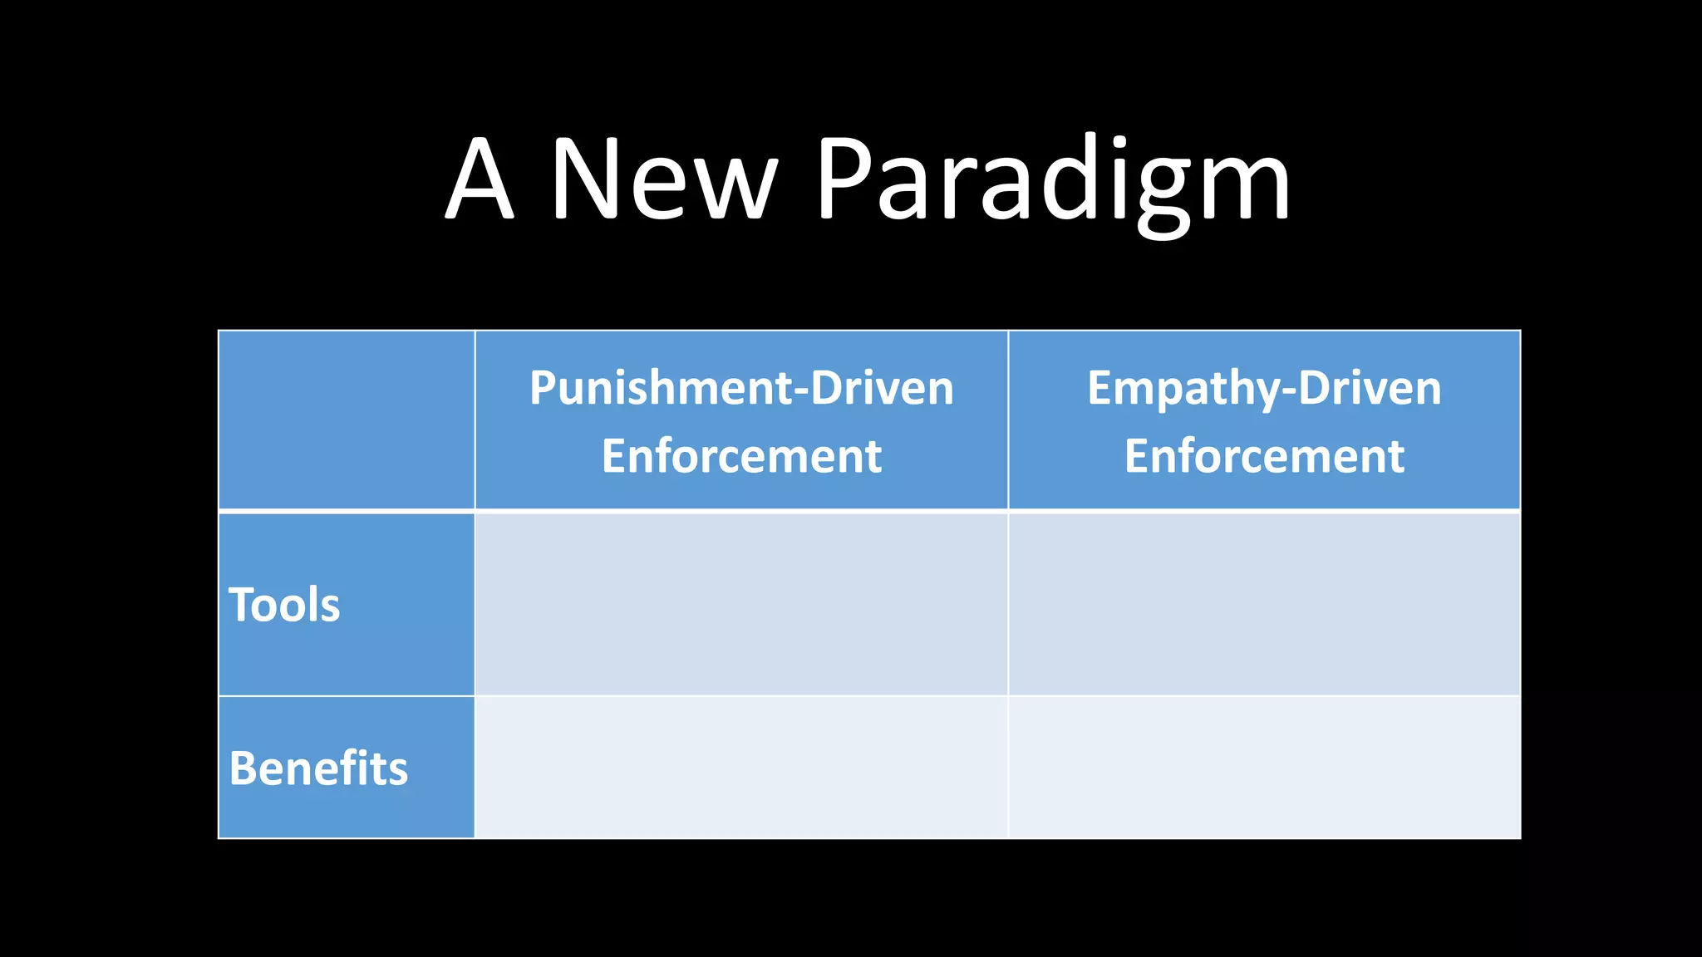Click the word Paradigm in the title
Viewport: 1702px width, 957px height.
[1053, 179]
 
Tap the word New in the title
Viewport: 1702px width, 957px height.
[664, 179]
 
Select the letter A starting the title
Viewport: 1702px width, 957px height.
[480, 179]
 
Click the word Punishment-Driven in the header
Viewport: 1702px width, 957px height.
[741, 388]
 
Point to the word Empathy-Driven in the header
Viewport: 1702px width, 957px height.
[1264, 388]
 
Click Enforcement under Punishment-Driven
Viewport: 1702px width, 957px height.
[741, 456]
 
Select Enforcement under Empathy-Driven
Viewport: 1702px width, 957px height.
[1264, 456]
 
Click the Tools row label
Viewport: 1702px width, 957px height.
[284, 604]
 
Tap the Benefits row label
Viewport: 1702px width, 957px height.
[318, 768]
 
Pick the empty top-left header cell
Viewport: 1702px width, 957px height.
[347, 420]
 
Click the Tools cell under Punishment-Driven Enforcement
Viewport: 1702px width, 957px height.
[741, 604]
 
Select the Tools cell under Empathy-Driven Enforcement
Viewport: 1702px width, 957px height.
[1264, 604]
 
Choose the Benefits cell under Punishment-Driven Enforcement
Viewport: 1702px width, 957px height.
[741, 768]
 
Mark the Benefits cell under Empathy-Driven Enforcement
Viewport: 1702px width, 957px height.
[1264, 768]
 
